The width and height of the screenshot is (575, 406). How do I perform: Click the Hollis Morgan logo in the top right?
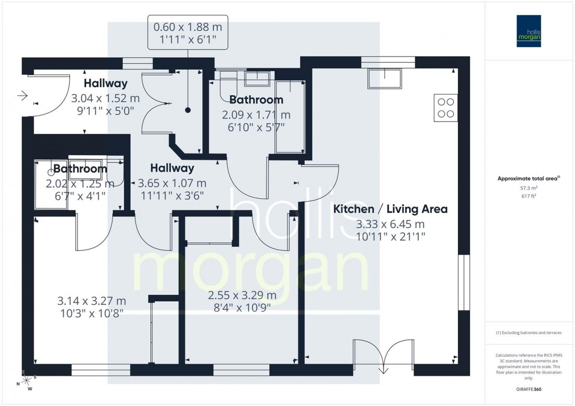click(x=529, y=31)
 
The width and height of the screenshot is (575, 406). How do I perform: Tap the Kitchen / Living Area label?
click(x=390, y=209)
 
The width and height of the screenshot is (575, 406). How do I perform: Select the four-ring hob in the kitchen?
click(x=445, y=108)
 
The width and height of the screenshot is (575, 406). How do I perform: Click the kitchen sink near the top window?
click(x=384, y=78)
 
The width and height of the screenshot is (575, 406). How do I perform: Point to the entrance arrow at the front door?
click(x=22, y=96)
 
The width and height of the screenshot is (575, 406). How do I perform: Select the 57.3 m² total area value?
click(x=529, y=187)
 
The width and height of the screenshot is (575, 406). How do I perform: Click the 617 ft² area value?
click(x=529, y=195)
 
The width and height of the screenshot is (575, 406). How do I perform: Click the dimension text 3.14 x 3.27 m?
click(x=91, y=301)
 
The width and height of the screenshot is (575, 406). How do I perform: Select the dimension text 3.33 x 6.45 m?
click(x=390, y=225)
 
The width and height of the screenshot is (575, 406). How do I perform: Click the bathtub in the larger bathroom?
click(x=290, y=117)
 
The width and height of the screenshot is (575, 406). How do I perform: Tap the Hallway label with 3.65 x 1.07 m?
click(x=172, y=168)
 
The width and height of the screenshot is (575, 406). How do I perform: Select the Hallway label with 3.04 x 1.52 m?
click(x=106, y=83)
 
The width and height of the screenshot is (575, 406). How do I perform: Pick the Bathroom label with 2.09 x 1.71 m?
click(x=256, y=99)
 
